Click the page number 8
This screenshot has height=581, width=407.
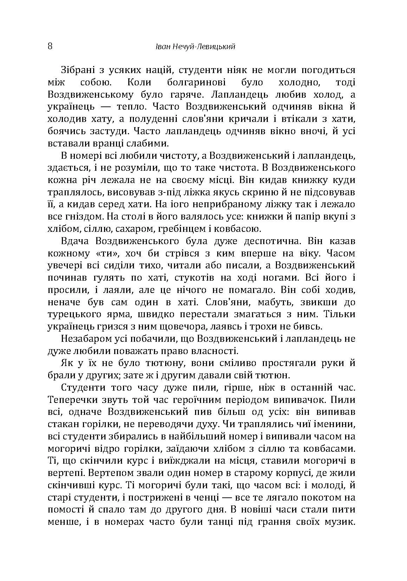(50, 46)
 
